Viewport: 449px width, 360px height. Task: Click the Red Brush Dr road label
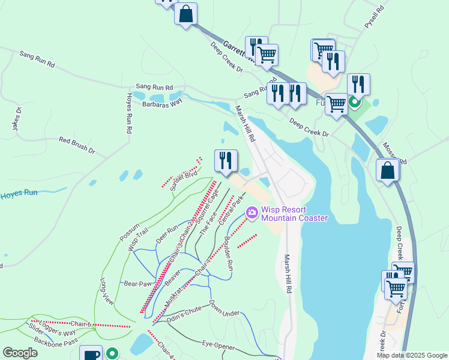point(77,145)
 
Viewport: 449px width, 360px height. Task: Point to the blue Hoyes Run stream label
point(19,194)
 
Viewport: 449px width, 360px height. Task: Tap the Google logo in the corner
point(20,353)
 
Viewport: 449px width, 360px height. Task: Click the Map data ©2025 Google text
point(411,355)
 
